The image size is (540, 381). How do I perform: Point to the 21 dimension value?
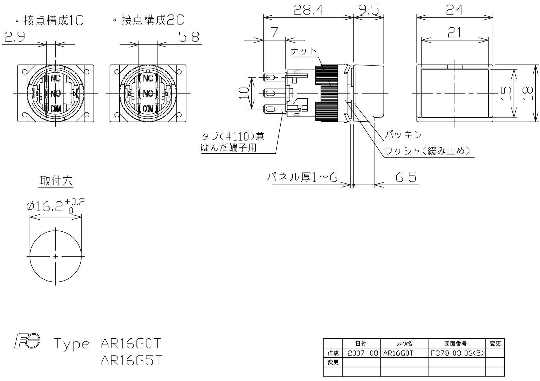(x=454, y=32)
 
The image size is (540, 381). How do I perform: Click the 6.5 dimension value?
(x=406, y=177)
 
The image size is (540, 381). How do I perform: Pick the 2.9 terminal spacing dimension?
(x=14, y=37)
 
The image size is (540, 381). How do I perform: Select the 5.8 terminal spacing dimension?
(x=189, y=37)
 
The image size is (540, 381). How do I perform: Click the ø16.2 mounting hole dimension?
(x=55, y=206)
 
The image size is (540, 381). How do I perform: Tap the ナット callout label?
(x=304, y=51)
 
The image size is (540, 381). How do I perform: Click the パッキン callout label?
(x=403, y=135)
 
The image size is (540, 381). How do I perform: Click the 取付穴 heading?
(x=56, y=181)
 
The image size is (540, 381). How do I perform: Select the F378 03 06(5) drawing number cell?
(x=457, y=353)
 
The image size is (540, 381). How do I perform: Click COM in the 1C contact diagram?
(x=56, y=108)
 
